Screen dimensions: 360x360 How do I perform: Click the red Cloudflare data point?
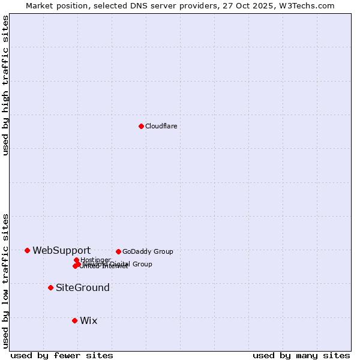[141, 126]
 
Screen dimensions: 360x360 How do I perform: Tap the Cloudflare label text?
[161, 126]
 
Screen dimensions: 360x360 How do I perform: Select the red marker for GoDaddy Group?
[118, 251]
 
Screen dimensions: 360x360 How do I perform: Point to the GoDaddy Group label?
[148, 251]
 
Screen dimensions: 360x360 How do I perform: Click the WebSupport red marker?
[27, 250]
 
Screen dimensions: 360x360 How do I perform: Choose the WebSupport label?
[61, 250]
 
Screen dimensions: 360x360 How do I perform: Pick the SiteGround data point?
[50, 287]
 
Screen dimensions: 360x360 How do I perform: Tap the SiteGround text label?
[83, 287]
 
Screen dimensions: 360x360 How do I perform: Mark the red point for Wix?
[74, 320]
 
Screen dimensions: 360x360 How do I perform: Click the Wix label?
[88, 320]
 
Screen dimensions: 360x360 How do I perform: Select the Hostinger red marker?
[76, 260]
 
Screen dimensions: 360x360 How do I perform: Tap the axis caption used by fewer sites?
[62, 355]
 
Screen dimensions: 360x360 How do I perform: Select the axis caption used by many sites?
[301, 355]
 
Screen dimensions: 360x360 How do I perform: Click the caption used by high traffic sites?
[5, 85]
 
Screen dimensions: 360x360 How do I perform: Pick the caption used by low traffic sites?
[5, 281]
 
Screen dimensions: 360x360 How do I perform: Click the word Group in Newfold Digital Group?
[142, 264]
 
